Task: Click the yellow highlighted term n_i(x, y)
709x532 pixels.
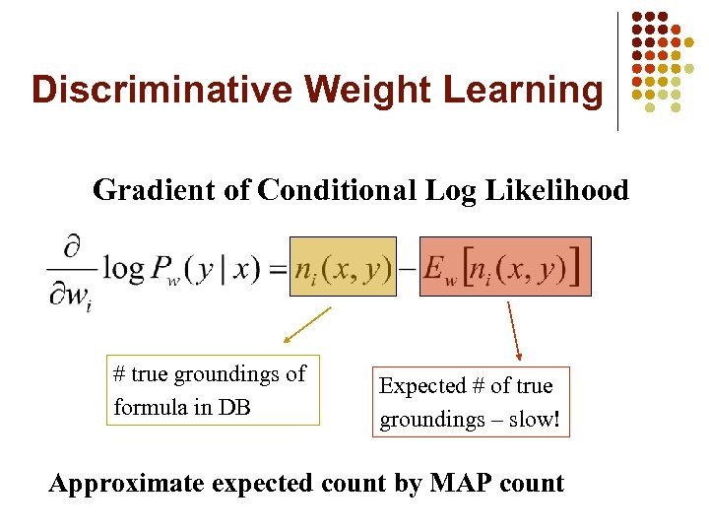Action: coord(343,267)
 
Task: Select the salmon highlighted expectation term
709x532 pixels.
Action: coord(505,267)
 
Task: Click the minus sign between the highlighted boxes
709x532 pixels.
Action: coord(408,269)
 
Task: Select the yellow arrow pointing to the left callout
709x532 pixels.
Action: coord(306,325)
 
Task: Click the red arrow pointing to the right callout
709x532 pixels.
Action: coord(513,330)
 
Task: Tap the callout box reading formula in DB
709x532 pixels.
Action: coord(213,390)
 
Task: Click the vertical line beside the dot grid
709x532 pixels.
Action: coord(618,71)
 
